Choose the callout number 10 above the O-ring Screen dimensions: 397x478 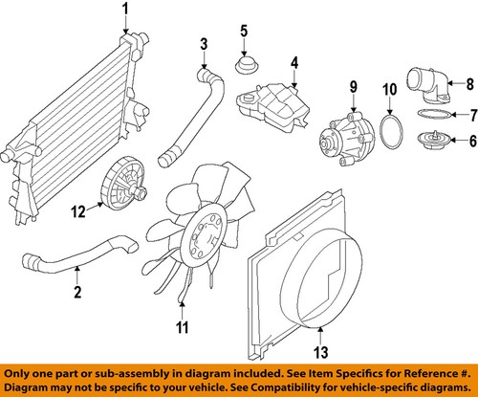point(389,92)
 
